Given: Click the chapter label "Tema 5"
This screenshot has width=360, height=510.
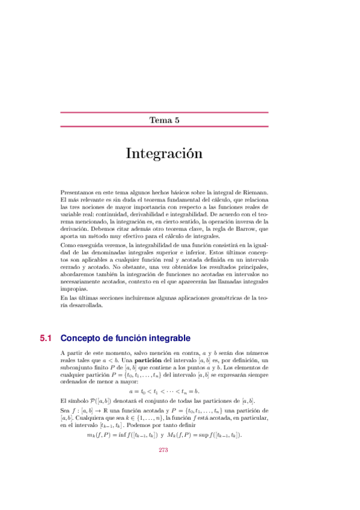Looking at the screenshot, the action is tap(165, 120).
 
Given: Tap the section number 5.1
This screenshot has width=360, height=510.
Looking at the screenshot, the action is tap(47, 338).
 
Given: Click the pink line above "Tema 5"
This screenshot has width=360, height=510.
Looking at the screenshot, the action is tap(164, 112).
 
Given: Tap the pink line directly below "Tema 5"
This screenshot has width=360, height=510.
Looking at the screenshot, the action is tap(164, 127).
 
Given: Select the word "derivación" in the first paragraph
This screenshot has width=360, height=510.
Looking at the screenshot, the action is tap(75, 229).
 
